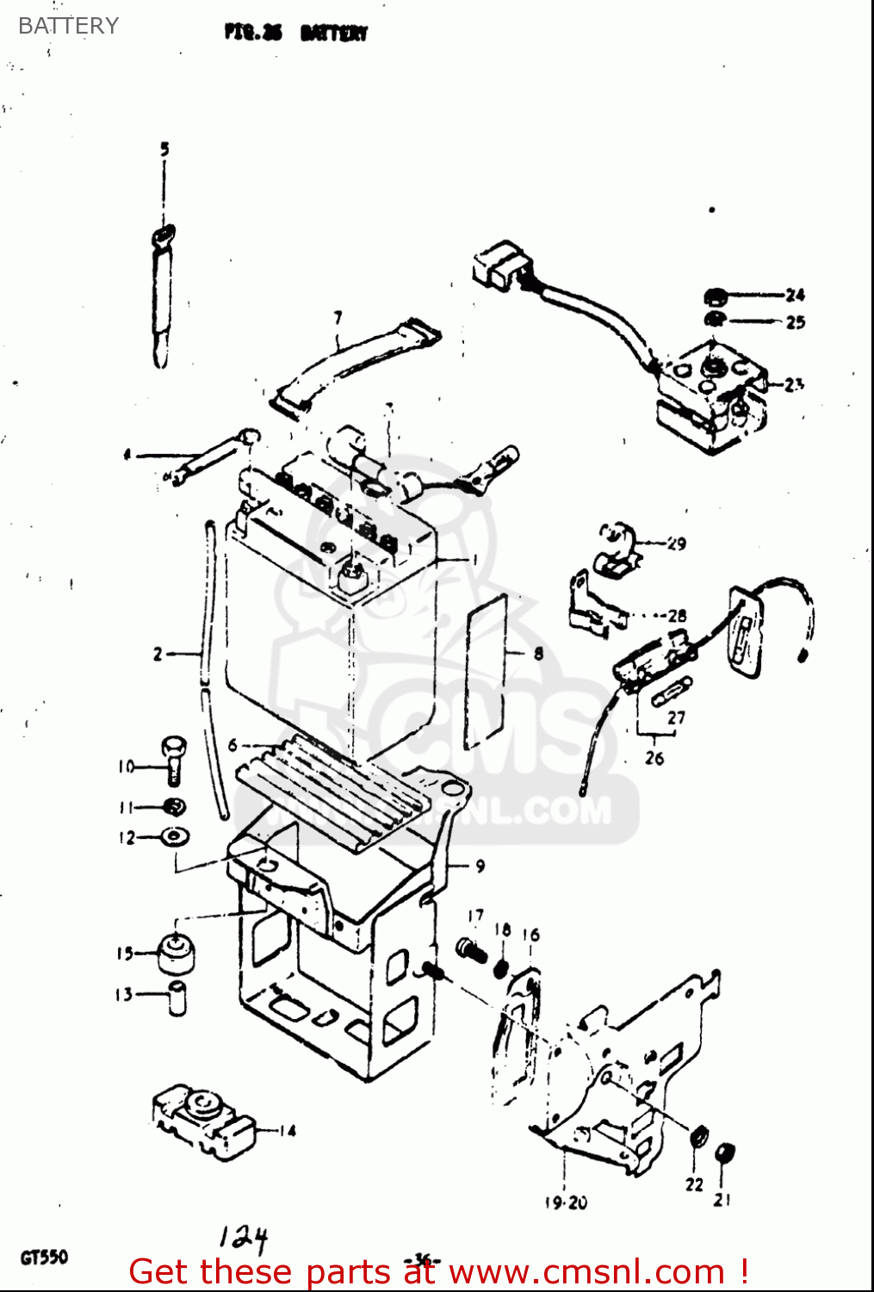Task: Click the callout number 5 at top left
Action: pos(164,149)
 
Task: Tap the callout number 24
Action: pos(794,295)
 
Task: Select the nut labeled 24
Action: pos(714,297)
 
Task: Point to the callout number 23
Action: pos(793,384)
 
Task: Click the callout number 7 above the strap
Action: pos(338,318)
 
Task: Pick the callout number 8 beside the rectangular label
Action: pos(538,653)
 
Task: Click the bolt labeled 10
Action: pos(173,758)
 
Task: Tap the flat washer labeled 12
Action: pos(175,835)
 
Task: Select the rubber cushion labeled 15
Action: pos(177,953)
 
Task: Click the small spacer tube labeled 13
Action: pos(177,997)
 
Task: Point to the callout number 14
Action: pos(288,1130)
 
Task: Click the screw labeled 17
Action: pos(470,949)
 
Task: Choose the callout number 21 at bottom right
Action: pos(722,1199)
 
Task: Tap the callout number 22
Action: pos(694,1184)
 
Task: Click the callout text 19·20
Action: pos(566,1202)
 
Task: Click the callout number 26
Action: pos(654,758)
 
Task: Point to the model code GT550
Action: pos(44,1258)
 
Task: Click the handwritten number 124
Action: pos(244,1238)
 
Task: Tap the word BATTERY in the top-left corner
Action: pos(68,26)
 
